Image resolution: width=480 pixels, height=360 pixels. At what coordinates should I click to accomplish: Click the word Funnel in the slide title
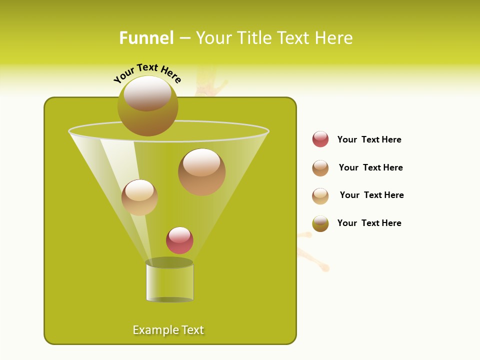tap(146, 38)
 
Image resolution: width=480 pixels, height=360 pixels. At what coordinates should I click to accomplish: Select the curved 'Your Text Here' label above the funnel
tap(147, 73)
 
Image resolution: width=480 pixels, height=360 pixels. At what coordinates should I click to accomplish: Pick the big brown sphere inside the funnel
tap(201, 172)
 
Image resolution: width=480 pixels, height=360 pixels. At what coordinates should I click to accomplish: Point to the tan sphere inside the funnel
tap(139, 197)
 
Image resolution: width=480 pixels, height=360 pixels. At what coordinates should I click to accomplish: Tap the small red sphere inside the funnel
tap(179, 241)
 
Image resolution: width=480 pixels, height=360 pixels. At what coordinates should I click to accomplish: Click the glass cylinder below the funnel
tap(169, 282)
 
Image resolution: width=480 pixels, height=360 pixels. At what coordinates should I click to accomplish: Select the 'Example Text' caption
tap(168, 330)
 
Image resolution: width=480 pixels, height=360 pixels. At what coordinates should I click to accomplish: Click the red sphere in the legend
tap(320, 139)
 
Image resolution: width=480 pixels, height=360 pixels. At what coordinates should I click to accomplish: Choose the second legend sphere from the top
tap(320, 168)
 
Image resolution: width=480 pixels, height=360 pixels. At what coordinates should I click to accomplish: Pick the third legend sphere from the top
tap(320, 196)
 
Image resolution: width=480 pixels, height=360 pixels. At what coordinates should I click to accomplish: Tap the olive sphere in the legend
tap(320, 223)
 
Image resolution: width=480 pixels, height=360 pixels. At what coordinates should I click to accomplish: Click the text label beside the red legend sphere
tap(369, 140)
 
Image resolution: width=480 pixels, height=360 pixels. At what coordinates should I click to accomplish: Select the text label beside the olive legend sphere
tap(369, 223)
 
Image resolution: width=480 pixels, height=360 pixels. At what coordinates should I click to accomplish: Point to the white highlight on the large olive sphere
tap(147, 93)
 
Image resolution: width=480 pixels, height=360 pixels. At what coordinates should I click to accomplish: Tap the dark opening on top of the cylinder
tap(169, 262)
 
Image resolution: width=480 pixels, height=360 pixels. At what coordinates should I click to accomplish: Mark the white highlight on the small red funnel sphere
tap(179, 234)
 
